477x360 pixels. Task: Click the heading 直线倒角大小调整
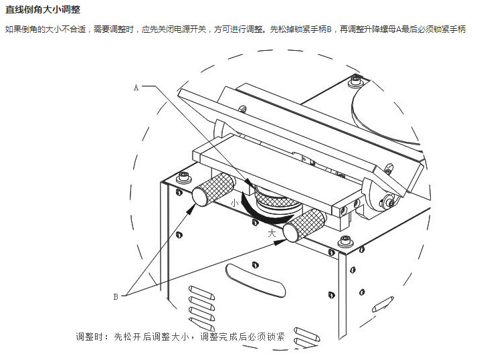43,9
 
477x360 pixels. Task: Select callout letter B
115,295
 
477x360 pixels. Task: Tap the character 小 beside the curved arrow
233,199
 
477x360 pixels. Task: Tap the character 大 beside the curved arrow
271,234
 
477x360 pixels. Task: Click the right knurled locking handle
304,224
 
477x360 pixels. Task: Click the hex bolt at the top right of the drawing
355,81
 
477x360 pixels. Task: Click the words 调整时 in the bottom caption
92,337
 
